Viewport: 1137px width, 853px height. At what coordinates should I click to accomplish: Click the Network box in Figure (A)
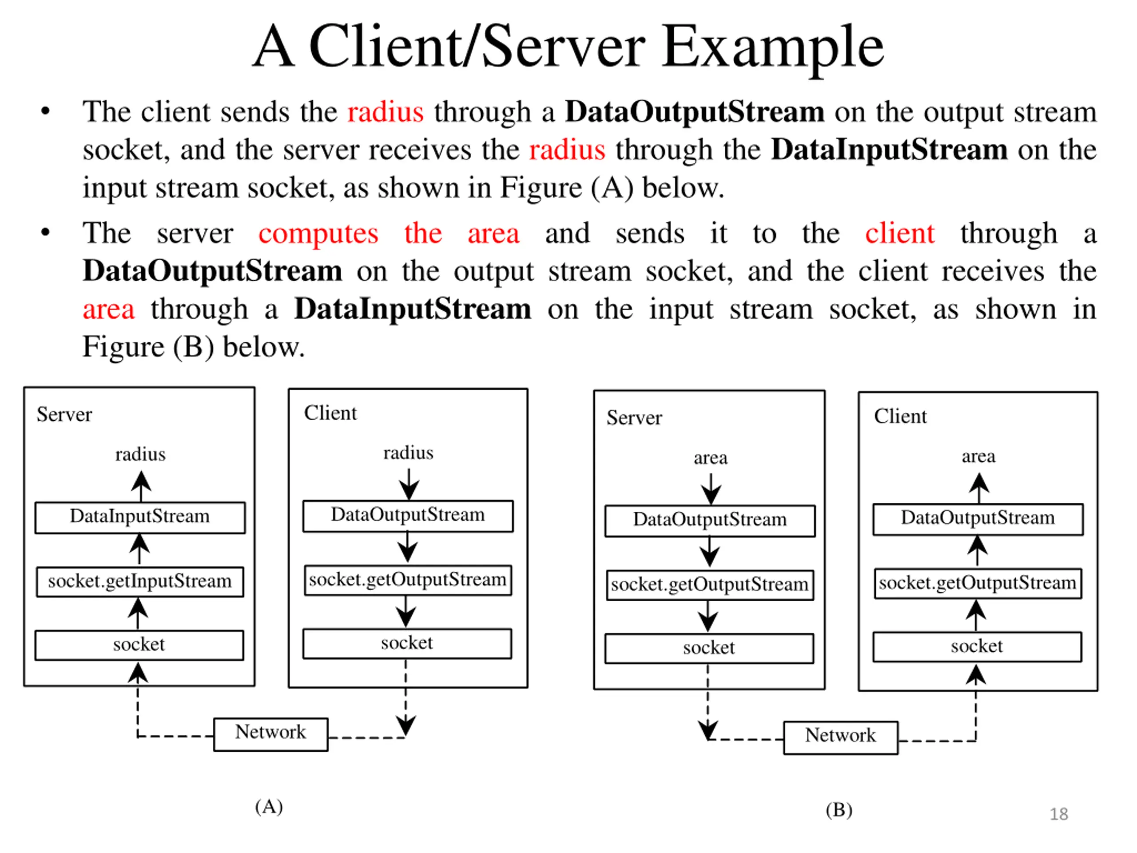click(x=271, y=734)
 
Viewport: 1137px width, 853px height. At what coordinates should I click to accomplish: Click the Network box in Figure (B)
click(x=841, y=738)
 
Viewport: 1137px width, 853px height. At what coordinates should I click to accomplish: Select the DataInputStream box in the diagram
click(x=140, y=517)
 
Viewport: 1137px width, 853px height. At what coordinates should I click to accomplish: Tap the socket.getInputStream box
click(x=140, y=582)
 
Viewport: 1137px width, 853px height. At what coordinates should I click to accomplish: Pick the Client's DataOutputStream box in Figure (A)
click(x=408, y=516)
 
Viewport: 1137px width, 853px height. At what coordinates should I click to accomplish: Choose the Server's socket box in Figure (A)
click(x=139, y=645)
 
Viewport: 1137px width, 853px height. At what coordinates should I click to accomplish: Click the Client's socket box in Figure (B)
click(x=977, y=646)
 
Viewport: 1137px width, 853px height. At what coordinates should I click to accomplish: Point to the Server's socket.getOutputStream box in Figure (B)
click(x=710, y=585)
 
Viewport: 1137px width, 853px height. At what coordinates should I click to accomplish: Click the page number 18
click(x=1059, y=814)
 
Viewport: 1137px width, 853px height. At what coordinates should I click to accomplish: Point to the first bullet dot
click(x=46, y=111)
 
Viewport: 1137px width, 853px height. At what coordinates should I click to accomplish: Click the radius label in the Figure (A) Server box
click(x=140, y=454)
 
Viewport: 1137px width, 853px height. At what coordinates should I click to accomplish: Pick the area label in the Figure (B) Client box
click(x=979, y=456)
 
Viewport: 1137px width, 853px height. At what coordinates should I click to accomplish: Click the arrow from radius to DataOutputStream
click(x=409, y=484)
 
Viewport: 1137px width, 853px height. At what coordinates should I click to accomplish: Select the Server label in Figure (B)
click(x=634, y=418)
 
